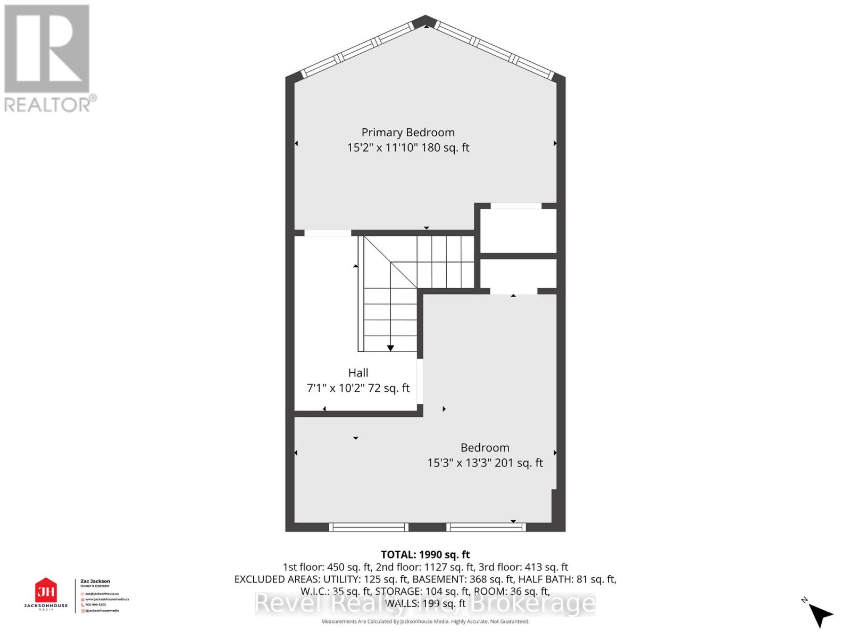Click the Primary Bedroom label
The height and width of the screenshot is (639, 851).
[x=408, y=133]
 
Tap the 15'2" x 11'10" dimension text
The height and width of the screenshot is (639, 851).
[x=382, y=148]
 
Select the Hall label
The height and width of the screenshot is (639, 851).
[x=358, y=373]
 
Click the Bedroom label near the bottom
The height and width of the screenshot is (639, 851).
[x=485, y=448]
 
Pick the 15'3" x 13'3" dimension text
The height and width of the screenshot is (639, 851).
[x=459, y=463]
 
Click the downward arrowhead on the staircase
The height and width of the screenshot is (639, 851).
[x=390, y=348]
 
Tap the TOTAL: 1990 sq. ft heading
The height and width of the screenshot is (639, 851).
[x=425, y=555]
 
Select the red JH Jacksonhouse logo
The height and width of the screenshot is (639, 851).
[x=46, y=591]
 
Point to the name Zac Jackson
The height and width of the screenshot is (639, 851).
[x=95, y=581]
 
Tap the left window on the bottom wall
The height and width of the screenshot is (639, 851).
[x=368, y=527]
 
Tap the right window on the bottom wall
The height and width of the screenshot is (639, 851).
[x=486, y=527]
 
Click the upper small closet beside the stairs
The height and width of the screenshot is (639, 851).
[x=518, y=231]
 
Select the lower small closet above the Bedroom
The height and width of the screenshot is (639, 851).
[x=518, y=274]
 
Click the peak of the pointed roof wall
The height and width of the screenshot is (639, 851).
[x=425, y=21]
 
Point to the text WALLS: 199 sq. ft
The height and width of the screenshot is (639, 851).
[x=425, y=603]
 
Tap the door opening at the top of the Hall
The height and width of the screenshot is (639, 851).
[x=327, y=233]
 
